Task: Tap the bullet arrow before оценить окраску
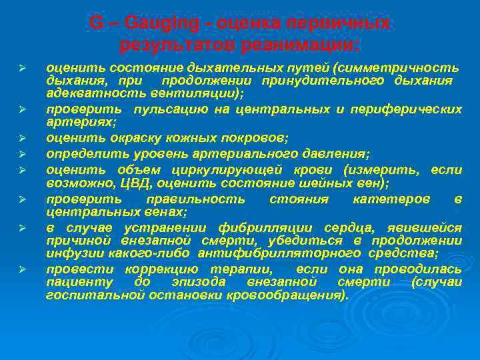22,139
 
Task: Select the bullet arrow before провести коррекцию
22,269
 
